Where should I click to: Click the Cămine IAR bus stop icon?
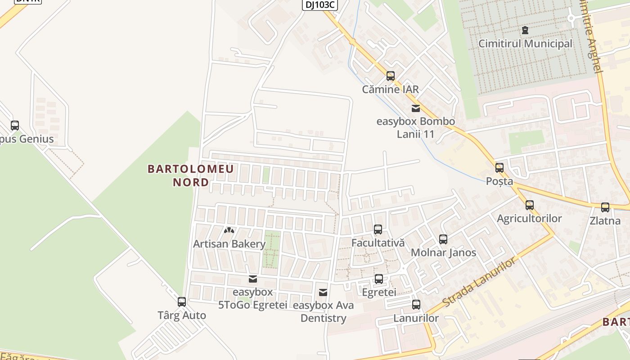pyautogui.click(x=391, y=76)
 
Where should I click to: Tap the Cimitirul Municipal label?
pyautogui.click(x=525, y=44)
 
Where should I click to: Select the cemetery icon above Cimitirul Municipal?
pyautogui.click(x=525, y=30)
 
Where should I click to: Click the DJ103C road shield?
pyautogui.click(x=319, y=4)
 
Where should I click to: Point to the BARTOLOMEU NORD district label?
pyautogui.click(x=191, y=175)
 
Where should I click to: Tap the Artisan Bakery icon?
pyautogui.click(x=229, y=231)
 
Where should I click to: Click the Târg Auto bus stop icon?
pyautogui.click(x=182, y=302)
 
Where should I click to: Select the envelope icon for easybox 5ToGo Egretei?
pyautogui.click(x=253, y=279)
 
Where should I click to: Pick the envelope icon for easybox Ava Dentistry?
pyautogui.click(x=323, y=292)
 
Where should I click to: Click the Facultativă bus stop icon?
pyautogui.click(x=378, y=229)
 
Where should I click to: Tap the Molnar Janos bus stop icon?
pyautogui.click(x=443, y=239)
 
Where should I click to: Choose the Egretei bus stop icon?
pyautogui.click(x=379, y=279)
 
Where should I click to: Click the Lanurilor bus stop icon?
pyautogui.click(x=416, y=305)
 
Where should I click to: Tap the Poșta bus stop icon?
pyautogui.click(x=499, y=168)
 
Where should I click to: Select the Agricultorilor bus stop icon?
pyautogui.click(x=530, y=205)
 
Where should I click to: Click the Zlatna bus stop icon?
pyautogui.click(x=605, y=207)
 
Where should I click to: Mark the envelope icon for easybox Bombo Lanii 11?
pyautogui.click(x=415, y=108)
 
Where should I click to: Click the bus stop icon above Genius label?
pyautogui.click(x=15, y=126)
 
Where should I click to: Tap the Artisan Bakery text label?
pyautogui.click(x=229, y=244)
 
